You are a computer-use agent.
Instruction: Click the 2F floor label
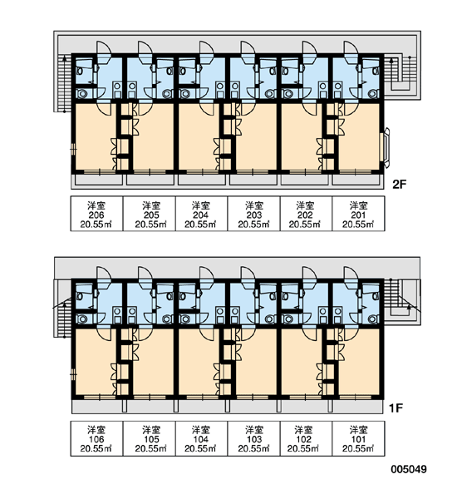(x=400, y=184)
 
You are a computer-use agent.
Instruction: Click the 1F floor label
(x=396, y=408)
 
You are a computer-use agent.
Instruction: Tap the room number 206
(x=96, y=215)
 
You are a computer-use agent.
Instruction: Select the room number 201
(x=358, y=215)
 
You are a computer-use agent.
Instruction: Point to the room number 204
(x=201, y=215)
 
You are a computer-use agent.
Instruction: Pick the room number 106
(x=96, y=439)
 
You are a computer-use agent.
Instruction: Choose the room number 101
(x=358, y=439)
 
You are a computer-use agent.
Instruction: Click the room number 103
(x=254, y=439)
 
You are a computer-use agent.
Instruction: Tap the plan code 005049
(x=409, y=469)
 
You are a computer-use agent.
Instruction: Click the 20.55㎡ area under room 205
(x=151, y=225)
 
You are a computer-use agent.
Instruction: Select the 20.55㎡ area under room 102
(x=303, y=449)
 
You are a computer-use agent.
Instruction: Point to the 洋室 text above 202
(x=305, y=205)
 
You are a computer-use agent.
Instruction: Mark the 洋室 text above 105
(x=151, y=430)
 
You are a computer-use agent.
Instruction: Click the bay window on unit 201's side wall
(x=386, y=147)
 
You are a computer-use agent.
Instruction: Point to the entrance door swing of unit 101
(x=351, y=274)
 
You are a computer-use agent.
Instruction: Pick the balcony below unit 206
(x=98, y=180)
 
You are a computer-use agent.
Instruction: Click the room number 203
(x=254, y=215)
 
